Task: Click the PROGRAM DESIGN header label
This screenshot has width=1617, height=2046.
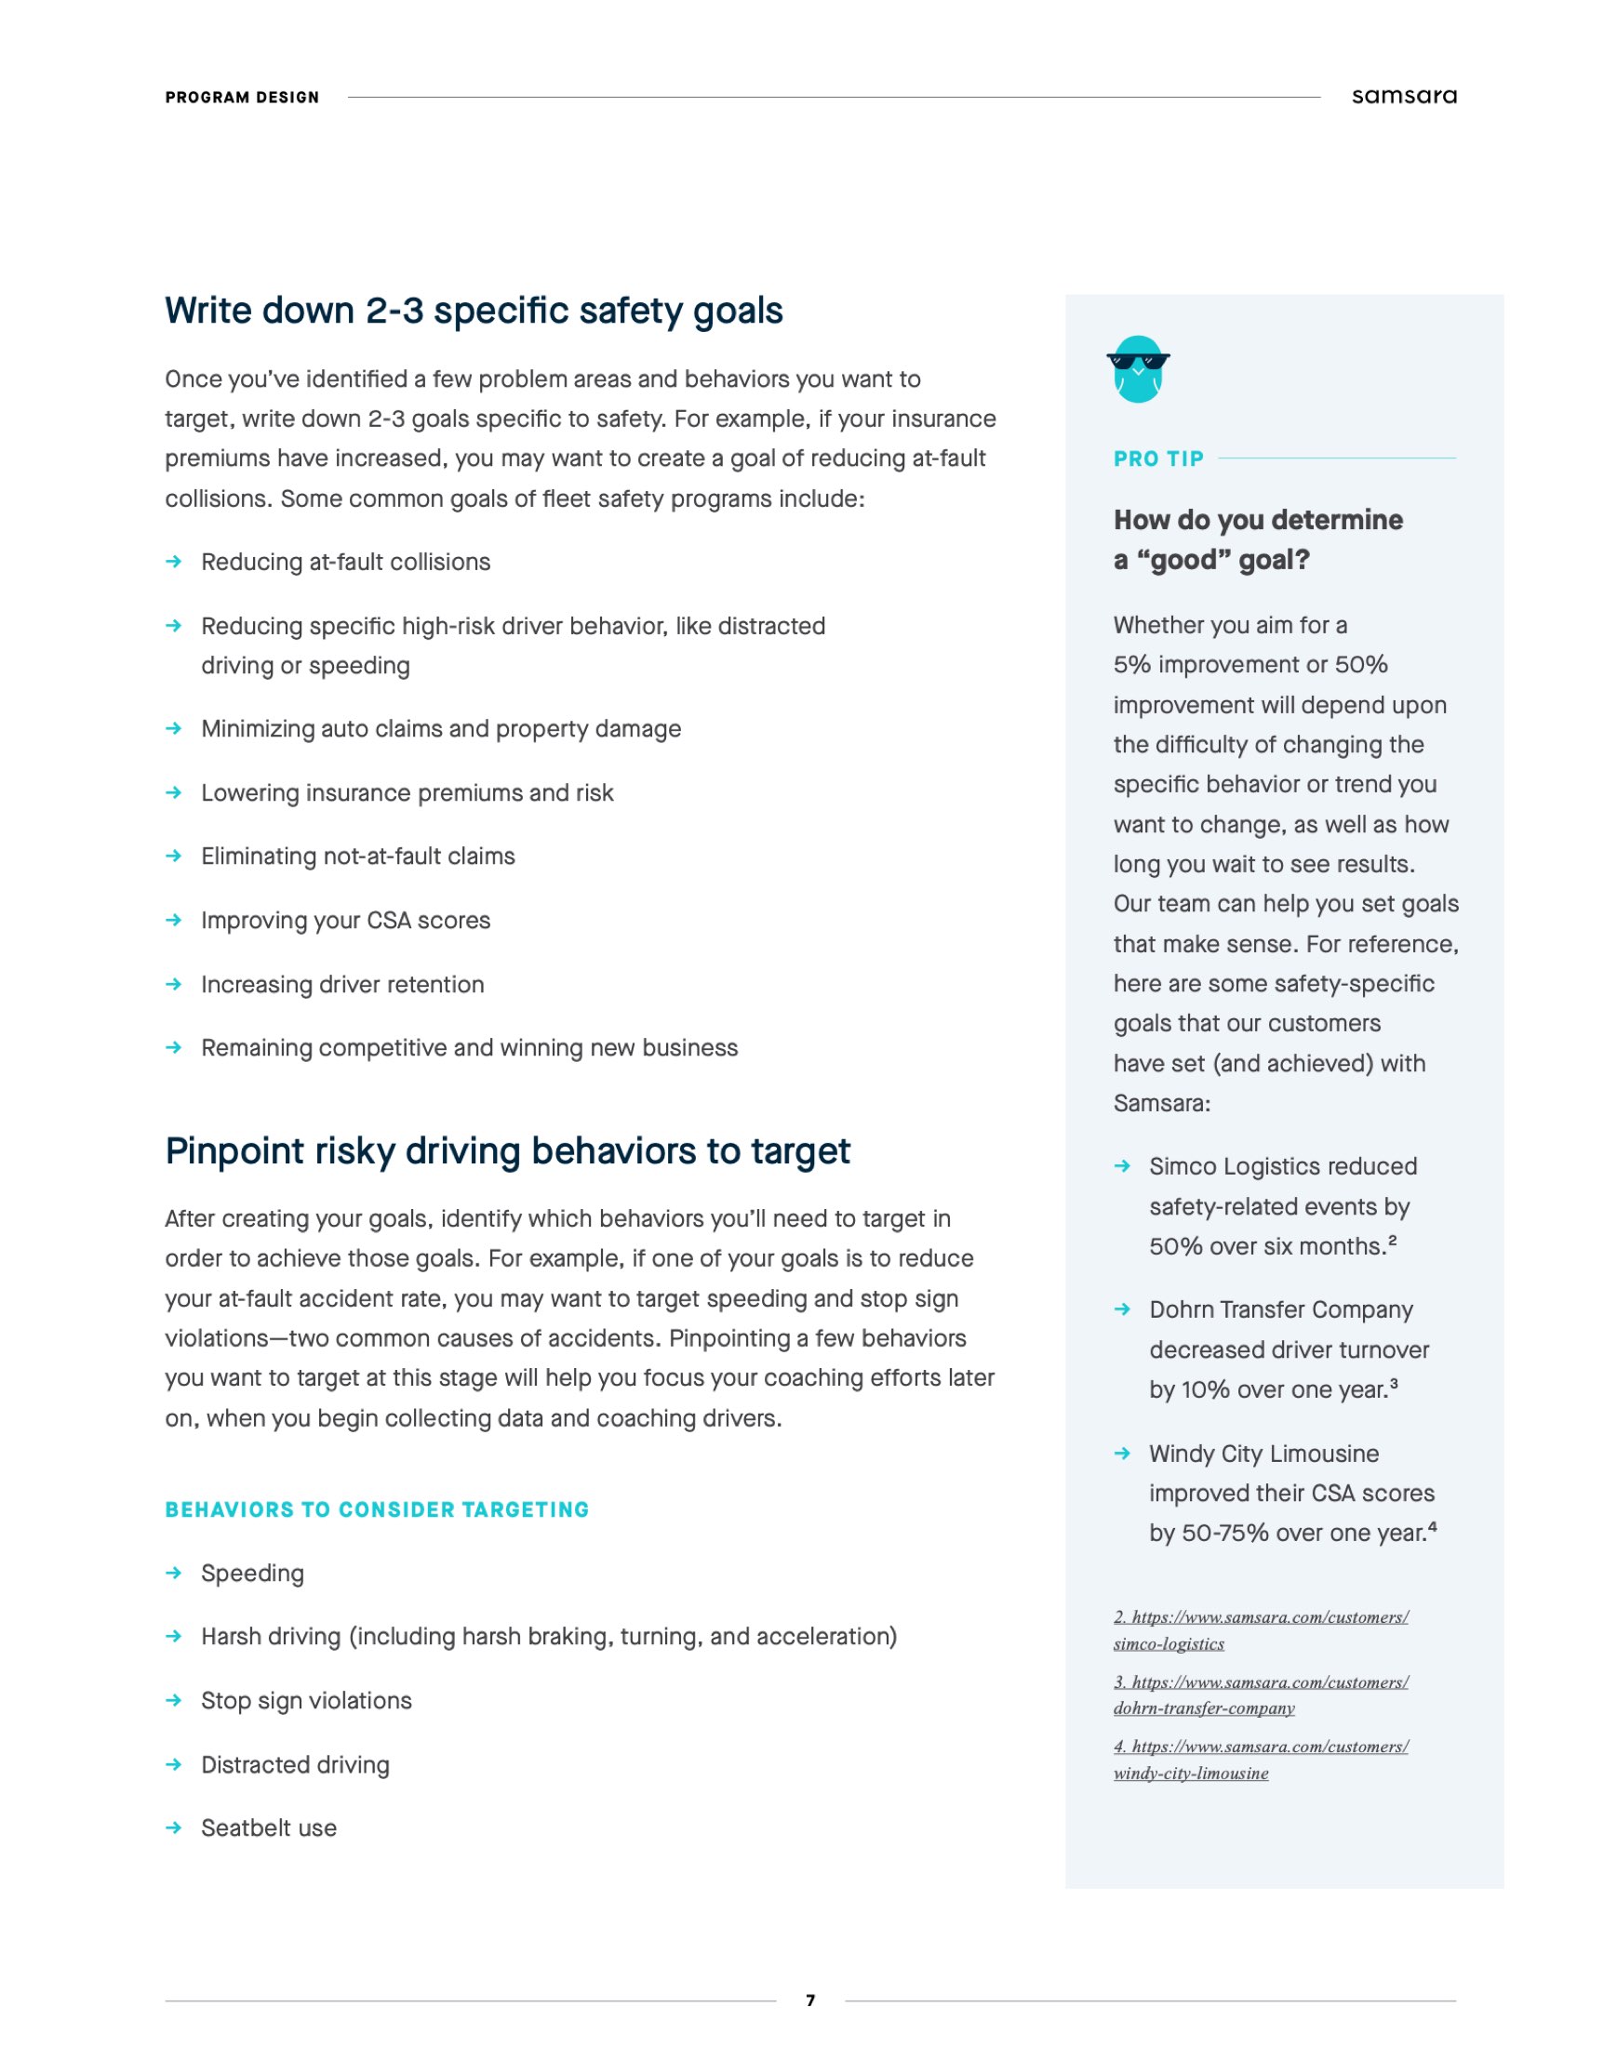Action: tap(242, 98)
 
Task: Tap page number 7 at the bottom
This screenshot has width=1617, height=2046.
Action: tap(809, 1999)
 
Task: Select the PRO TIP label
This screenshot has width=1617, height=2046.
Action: tap(1157, 459)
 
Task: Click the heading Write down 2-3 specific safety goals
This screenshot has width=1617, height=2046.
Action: tap(474, 312)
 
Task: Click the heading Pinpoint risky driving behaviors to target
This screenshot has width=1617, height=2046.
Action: tap(507, 1150)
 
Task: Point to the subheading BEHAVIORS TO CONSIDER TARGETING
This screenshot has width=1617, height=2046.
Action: tap(377, 1509)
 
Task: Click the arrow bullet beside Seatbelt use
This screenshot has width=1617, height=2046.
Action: tap(173, 1827)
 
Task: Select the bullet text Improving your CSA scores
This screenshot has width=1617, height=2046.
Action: tap(345, 920)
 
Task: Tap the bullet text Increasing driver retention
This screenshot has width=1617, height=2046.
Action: tap(341, 984)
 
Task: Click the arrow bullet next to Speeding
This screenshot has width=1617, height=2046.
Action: tap(173, 1573)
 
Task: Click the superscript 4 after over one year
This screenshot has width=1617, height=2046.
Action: tap(1433, 1526)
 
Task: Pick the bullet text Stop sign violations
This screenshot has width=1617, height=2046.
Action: tap(306, 1701)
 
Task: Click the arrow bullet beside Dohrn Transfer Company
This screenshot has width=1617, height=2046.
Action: tap(1122, 1309)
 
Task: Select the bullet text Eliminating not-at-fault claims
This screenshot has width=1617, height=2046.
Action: tap(358, 856)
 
